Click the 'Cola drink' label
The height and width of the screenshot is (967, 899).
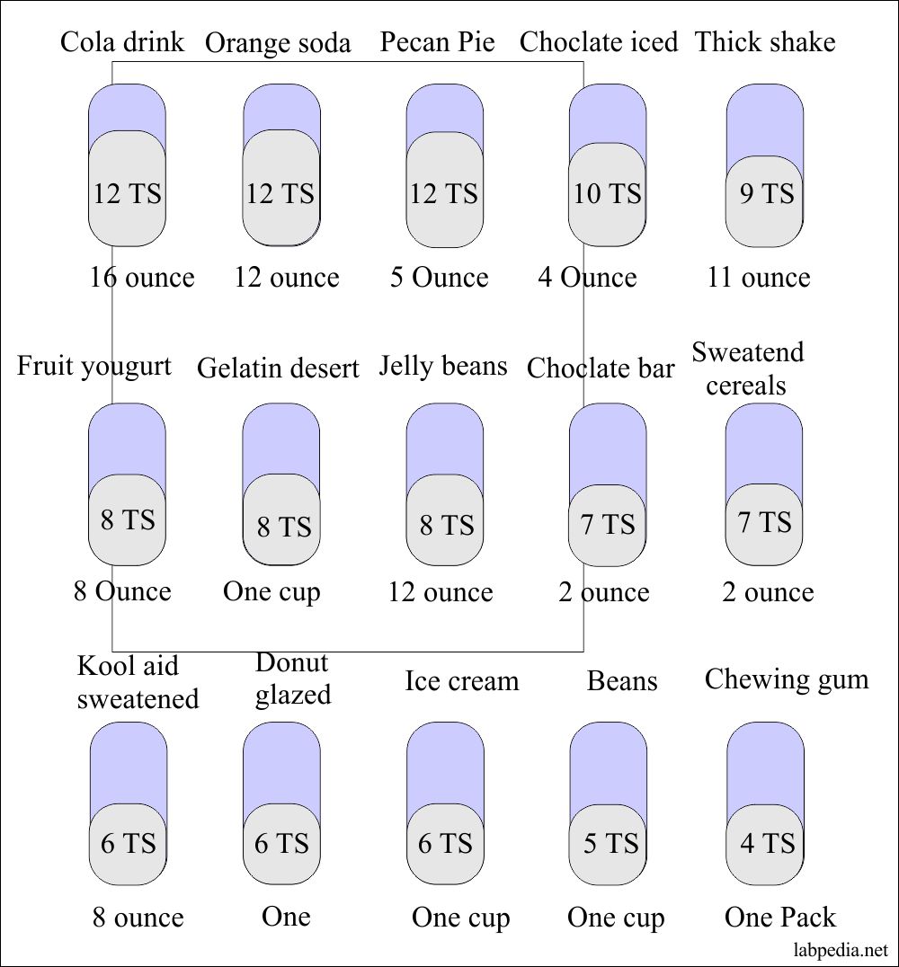click(x=122, y=42)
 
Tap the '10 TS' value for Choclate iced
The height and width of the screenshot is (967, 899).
click(x=608, y=193)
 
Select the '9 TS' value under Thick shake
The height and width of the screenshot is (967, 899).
click(x=766, y=193)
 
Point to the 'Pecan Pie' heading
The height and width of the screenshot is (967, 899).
click(x=437, y=42)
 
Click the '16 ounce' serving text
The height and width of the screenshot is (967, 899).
click(x=141, y=277)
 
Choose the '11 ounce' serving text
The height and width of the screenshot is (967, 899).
click(x=758, y=277)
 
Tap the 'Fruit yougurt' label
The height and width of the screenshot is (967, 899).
click(x=93, y=366)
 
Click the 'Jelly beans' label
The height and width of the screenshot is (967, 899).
click(x=443, y=366)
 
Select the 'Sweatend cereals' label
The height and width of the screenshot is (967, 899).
click(x=747, y=368)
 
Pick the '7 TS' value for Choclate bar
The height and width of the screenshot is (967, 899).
click(x=608, y=524)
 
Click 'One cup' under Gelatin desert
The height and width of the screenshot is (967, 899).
click(x=271, y=591)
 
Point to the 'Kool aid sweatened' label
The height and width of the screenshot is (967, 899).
click(x=137, y=682)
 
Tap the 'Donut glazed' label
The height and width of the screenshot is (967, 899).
click(x=292, y=679)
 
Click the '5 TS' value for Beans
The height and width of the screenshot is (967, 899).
click(x=610, y=843)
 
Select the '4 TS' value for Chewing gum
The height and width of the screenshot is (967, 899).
click(x=767, y=843)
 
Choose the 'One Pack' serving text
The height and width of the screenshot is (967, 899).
click(x=779, y=917)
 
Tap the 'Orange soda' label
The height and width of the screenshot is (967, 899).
click(x=278, y=43)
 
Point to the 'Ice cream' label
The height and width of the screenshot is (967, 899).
click(x=461, y=680)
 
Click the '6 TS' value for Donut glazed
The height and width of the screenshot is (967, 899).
click(x=281, y=843)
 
